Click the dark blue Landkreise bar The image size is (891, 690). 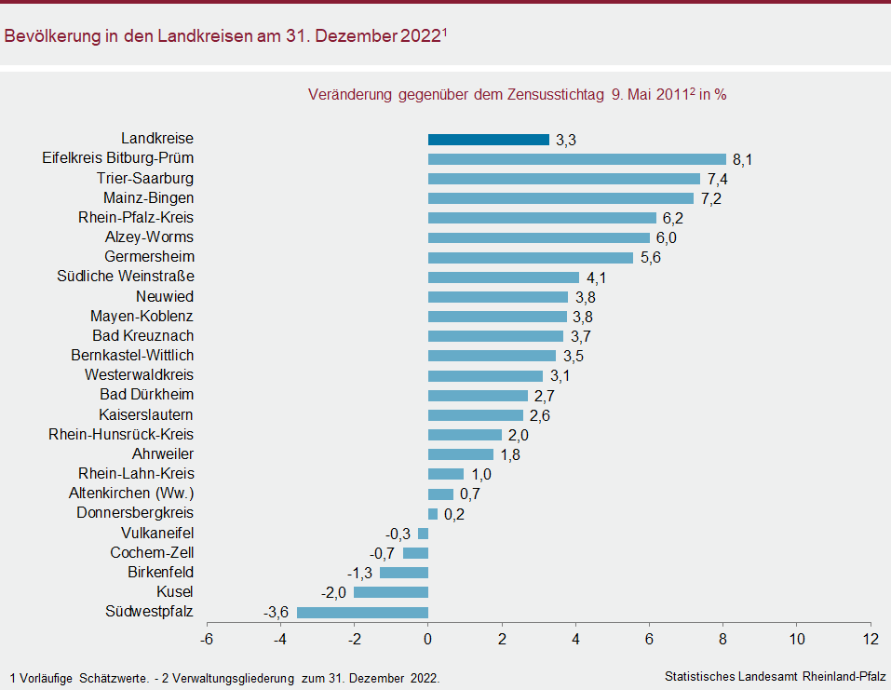click(488, 140)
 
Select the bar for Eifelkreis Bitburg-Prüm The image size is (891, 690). click(576, 159)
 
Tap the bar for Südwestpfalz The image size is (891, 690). click(362, 612)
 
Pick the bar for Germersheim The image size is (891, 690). click(530, 258)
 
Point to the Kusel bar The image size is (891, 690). click(391, 592)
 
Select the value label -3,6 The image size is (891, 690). click(277, 612)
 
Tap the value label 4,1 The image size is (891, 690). click(596, 277)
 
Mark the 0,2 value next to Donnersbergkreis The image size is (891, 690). click(454, 514)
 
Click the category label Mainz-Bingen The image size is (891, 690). click(148, 197)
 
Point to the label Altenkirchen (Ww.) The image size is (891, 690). click(131, 494)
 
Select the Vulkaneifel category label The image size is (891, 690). click(157, 533)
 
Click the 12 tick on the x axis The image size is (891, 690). click(870, 640)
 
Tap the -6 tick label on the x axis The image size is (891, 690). click(207, 640)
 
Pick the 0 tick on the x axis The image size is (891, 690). click(428, 640)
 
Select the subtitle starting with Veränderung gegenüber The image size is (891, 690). click(517, 94)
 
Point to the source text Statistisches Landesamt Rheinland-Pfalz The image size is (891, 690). click(776, 676)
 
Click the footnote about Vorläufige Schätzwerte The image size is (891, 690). click(224, 677)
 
